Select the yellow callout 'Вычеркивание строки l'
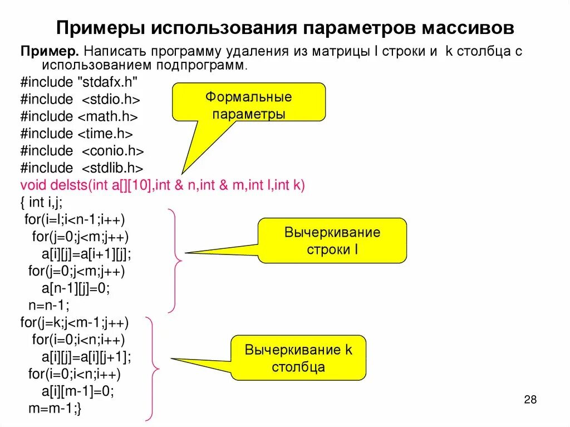tap(332, 241)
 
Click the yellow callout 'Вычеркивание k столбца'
tap(298, 359)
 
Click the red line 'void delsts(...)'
tap(163, 185)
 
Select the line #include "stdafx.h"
tap(79, 82)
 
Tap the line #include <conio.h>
tap(82, 151)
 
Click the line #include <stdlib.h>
tap(82, 168)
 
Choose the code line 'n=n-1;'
tap(48, 305)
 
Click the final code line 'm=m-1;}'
tap(55, 408)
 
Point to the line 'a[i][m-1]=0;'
tap(78, 391)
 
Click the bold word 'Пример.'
tap(49, 51)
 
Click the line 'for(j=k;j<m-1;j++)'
tap(75, 322)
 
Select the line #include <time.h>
tap(77, 134)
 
